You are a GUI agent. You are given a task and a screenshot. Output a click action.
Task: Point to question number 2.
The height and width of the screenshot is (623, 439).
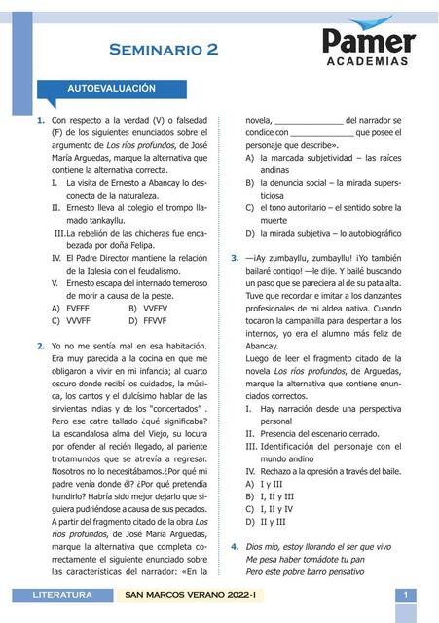(40, 346)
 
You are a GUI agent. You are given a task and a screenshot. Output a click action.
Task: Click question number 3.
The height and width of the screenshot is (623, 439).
(235, 258)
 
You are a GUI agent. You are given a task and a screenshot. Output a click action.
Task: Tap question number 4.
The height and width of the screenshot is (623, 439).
(235, 547)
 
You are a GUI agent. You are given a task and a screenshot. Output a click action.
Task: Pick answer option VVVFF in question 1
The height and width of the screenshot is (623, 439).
(71, 320)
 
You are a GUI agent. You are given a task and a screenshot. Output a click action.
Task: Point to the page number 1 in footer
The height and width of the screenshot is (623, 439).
(404, 594)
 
